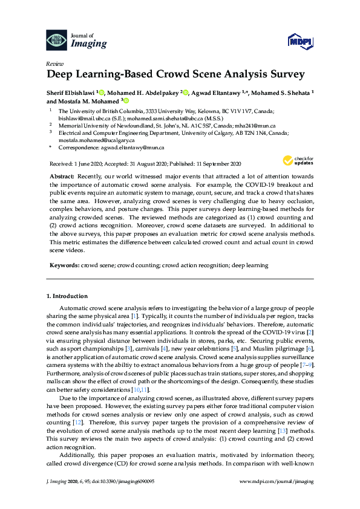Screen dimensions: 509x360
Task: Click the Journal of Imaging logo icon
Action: (x=57, y=40)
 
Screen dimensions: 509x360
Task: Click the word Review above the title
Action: (x=54, y=63)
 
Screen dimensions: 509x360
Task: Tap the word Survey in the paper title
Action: (x=284, y=76)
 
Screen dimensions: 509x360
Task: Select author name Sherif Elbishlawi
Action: (x=70, y=92)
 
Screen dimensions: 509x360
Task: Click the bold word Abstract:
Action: (x=62, y=174)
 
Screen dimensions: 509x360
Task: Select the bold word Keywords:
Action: (x=64, y=265)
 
